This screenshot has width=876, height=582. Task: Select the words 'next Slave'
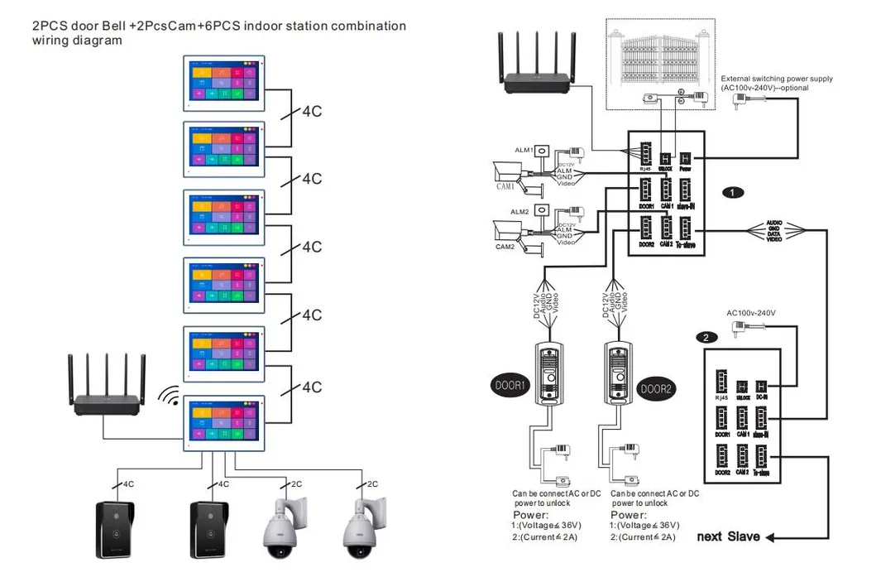(x=728, y=536)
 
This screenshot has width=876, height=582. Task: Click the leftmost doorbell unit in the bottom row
(x=117, y=530)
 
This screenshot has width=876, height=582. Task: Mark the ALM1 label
(x=524, y=150)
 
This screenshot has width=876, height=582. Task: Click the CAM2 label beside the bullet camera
(x=505, y=247)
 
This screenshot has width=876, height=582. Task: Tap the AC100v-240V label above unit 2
(x=751, y=313)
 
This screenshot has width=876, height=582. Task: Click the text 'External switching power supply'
(x=776, y=79)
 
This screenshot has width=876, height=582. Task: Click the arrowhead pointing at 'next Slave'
(x=770, y=537)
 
